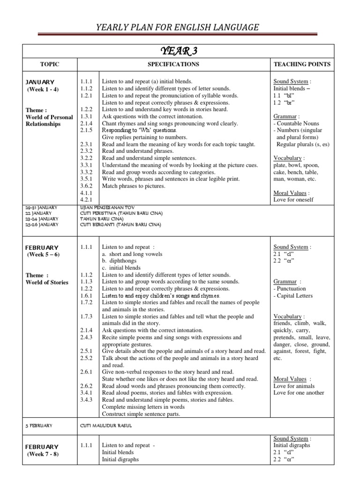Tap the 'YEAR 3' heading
(x=180, y=51)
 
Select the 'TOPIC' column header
(x=50, y=64)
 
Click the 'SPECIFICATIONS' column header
(x=173, y=64)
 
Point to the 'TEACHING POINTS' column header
(x=302, y=64)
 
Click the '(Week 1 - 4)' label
(x=43, y=89)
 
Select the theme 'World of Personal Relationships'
(x=50, y=120)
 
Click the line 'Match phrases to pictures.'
(x=134, y=186)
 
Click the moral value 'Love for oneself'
(x=293, y=200)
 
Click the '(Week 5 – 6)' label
(x=44, y=255)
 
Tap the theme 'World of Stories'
(x=47, y=282)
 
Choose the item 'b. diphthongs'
(x=124, y=261)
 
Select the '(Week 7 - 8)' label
(x=43, y=454)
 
